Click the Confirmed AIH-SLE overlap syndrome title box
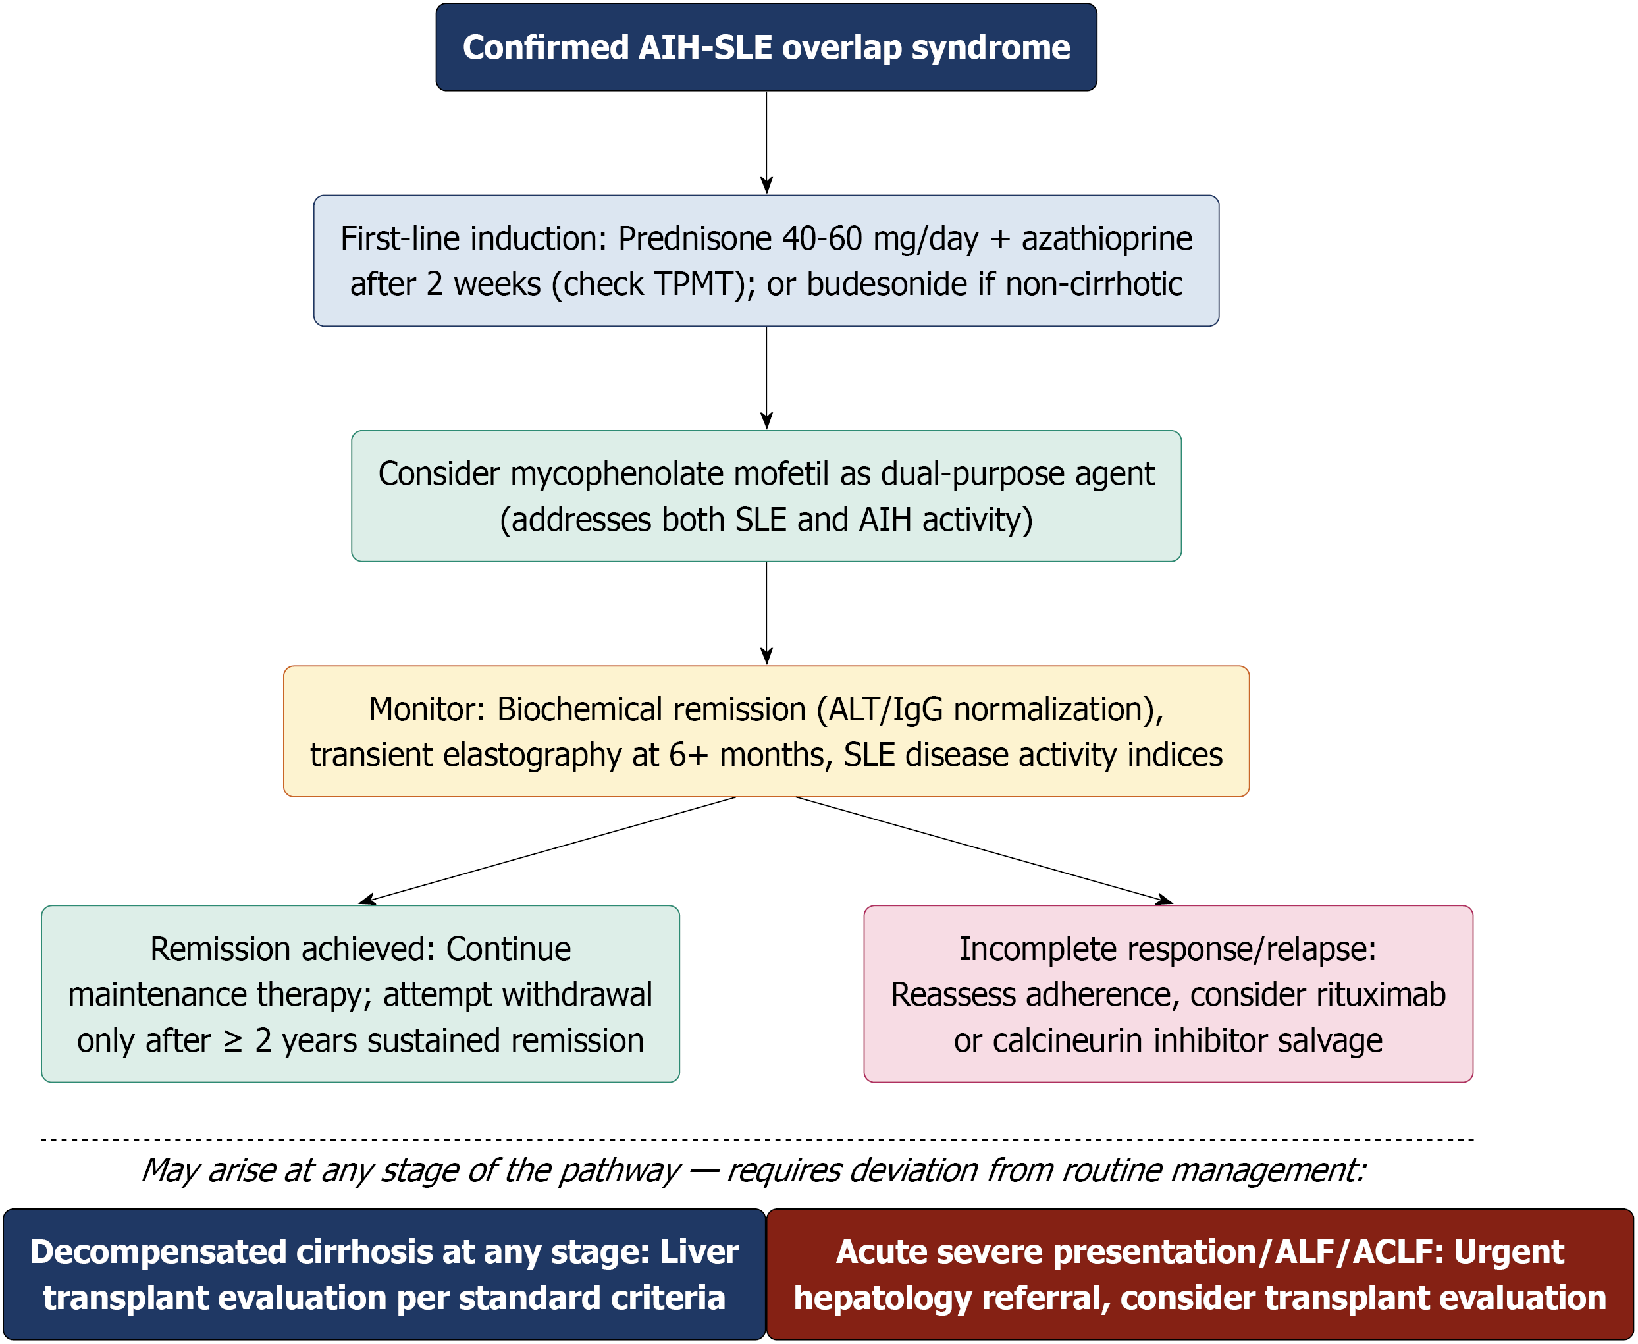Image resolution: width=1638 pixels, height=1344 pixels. (766, 47)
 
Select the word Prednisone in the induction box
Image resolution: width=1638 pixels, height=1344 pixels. (695, 238)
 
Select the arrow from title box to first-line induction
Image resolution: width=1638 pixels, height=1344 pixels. (766, 142)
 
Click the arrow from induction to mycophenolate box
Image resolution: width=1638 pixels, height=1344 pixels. (766, 378)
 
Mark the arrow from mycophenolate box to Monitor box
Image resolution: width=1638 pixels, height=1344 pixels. (766, 613)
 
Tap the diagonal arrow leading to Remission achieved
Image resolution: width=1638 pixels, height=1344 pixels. (547, 850)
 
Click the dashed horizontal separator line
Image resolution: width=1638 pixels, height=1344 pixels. (757, 1140)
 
